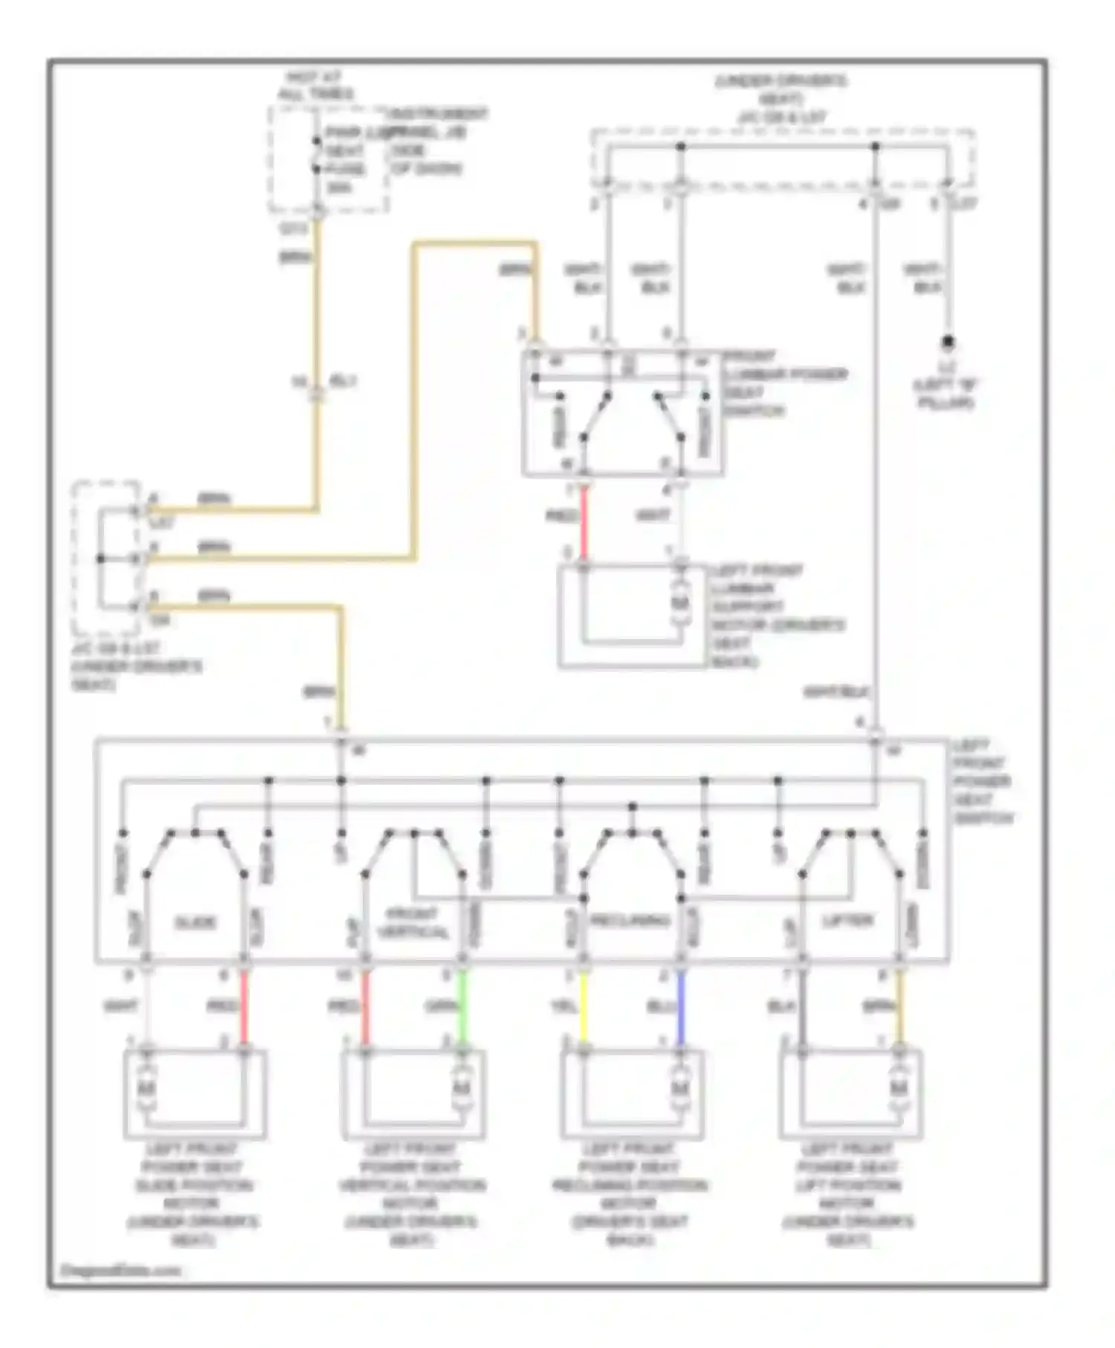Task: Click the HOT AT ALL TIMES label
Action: (315, 85)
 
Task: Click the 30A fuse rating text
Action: (339, 187)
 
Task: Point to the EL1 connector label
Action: (343, 381)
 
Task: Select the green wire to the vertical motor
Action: (462, 1006)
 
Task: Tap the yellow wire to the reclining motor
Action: (584, 1006)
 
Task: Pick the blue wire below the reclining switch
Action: (680, 1006)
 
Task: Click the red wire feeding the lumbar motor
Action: (584, 524)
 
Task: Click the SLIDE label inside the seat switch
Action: (195, 923)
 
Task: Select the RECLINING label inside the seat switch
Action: (630, 921)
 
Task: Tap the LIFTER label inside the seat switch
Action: (848, 921)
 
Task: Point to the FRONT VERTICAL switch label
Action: (413, 924)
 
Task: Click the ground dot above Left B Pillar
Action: (948, 343)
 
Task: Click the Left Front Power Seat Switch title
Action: (983, 782)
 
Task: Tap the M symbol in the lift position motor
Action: (899, 1089)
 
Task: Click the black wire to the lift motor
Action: (802, 1006)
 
